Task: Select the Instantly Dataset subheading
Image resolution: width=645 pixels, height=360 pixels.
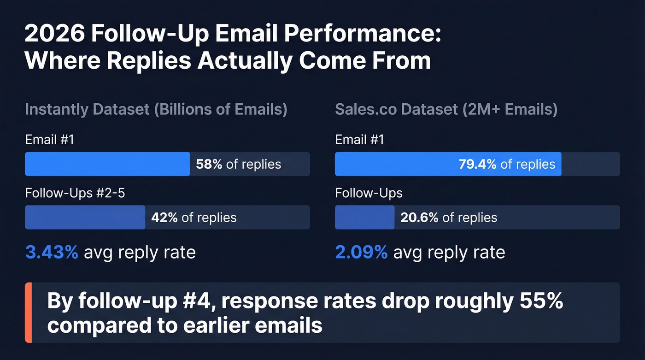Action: [x=156, y=110]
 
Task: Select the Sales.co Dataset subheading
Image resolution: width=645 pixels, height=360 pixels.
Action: [x=446, y=110]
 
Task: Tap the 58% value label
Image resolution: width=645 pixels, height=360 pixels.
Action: [x=209, y=164]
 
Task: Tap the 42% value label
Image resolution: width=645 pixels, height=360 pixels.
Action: [x=164, y=218]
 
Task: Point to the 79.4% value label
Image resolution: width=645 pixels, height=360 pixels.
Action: [x=477, y=164]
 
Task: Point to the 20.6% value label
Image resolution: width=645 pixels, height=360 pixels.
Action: [x=419, y=218]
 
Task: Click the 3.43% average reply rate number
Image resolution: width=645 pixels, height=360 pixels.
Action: [x=52, y=253]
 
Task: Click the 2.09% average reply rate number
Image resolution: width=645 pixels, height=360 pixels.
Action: [x=361, y=253]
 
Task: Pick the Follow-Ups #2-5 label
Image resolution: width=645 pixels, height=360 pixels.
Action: [x=75, y=193]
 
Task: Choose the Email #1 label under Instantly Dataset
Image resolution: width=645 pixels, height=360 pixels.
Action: [x=49, y=140]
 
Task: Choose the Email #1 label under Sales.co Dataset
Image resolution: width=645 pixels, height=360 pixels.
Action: [x=359, y=140]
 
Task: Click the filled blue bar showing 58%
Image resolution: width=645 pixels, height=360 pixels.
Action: [x=107, y=164]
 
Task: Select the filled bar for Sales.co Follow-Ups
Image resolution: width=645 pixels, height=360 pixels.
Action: [x=364, y=218]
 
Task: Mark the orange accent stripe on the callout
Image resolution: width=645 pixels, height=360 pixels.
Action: [x=28, y=313]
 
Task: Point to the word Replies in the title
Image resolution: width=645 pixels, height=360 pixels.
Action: [x=158, y=60]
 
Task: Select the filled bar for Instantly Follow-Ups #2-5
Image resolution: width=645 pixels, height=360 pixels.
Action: [x=85, y=218]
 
